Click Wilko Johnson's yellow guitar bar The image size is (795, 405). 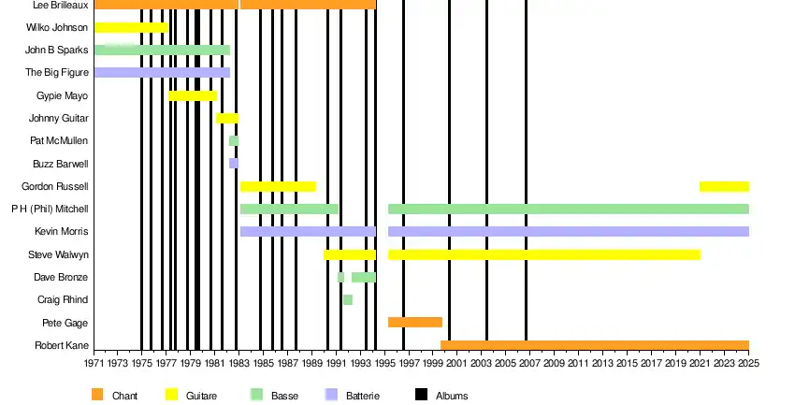(x=131, y=27)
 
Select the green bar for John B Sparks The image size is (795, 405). (x=162, y=50)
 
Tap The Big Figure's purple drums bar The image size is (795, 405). (x=162, y=72)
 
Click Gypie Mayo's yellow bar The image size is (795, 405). (x=192, y=95)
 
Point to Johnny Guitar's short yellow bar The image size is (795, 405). (x=227, y=118)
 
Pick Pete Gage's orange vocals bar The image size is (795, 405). (x=414, y=323)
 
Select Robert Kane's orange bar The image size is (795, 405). (x=594, y=345)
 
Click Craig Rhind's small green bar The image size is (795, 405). (x=347, y=299)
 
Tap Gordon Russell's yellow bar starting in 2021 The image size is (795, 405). (x=724, y=186)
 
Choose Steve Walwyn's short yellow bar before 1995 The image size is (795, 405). (x=349, y=254)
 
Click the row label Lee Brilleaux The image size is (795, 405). (x=60, y=5)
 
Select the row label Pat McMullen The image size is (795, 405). (x=59, y=140)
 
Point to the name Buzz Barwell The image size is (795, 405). (x=60, y=164)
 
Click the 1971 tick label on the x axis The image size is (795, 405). (x=94, y=363)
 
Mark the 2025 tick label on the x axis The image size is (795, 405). (x=748, y=363)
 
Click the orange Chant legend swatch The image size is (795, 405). (x=97, y=395)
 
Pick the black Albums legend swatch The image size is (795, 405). (x=420, y=395)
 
